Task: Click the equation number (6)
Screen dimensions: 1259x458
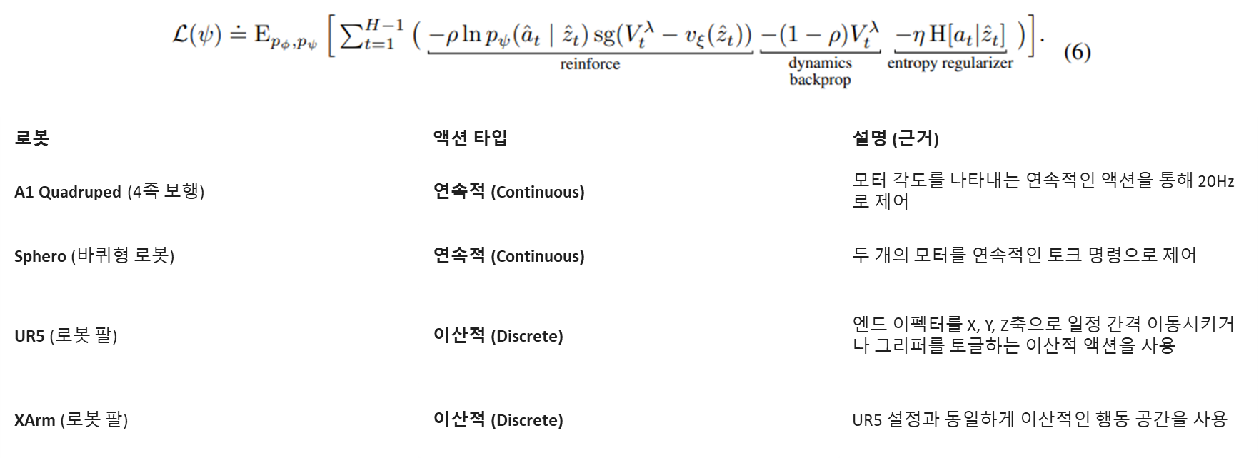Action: (x=1077, y=54)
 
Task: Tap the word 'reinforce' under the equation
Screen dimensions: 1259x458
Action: (x=590, y=65)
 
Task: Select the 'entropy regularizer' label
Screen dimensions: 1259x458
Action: (x=950, y=63)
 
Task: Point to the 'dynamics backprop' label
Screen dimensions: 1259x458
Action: (x=820, y=71)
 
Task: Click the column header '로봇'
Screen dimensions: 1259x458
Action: (x=32, y=138)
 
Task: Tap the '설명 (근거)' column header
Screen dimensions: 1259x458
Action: (x=896, y=138)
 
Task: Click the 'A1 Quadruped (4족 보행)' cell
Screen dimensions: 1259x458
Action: (x=109, y=192)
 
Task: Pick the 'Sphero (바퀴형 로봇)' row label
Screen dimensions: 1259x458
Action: (x=94, y=256)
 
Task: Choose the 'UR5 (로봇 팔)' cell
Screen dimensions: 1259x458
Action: (x=66, y=336)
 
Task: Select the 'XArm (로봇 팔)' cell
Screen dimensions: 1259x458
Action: (x=71, y=420)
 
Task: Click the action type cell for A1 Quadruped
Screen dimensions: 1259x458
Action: (x=509, y=192)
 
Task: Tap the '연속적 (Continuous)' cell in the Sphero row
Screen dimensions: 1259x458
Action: (x=509, y=256)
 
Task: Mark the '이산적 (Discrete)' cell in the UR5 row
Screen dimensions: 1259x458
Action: (x=498, y=336)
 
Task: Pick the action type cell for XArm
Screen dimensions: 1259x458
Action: (x=498, y=420)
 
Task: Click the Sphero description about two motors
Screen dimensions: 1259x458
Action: (x=1024, y=255)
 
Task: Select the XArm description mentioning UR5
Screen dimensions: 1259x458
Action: (x=1039, y=419)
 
